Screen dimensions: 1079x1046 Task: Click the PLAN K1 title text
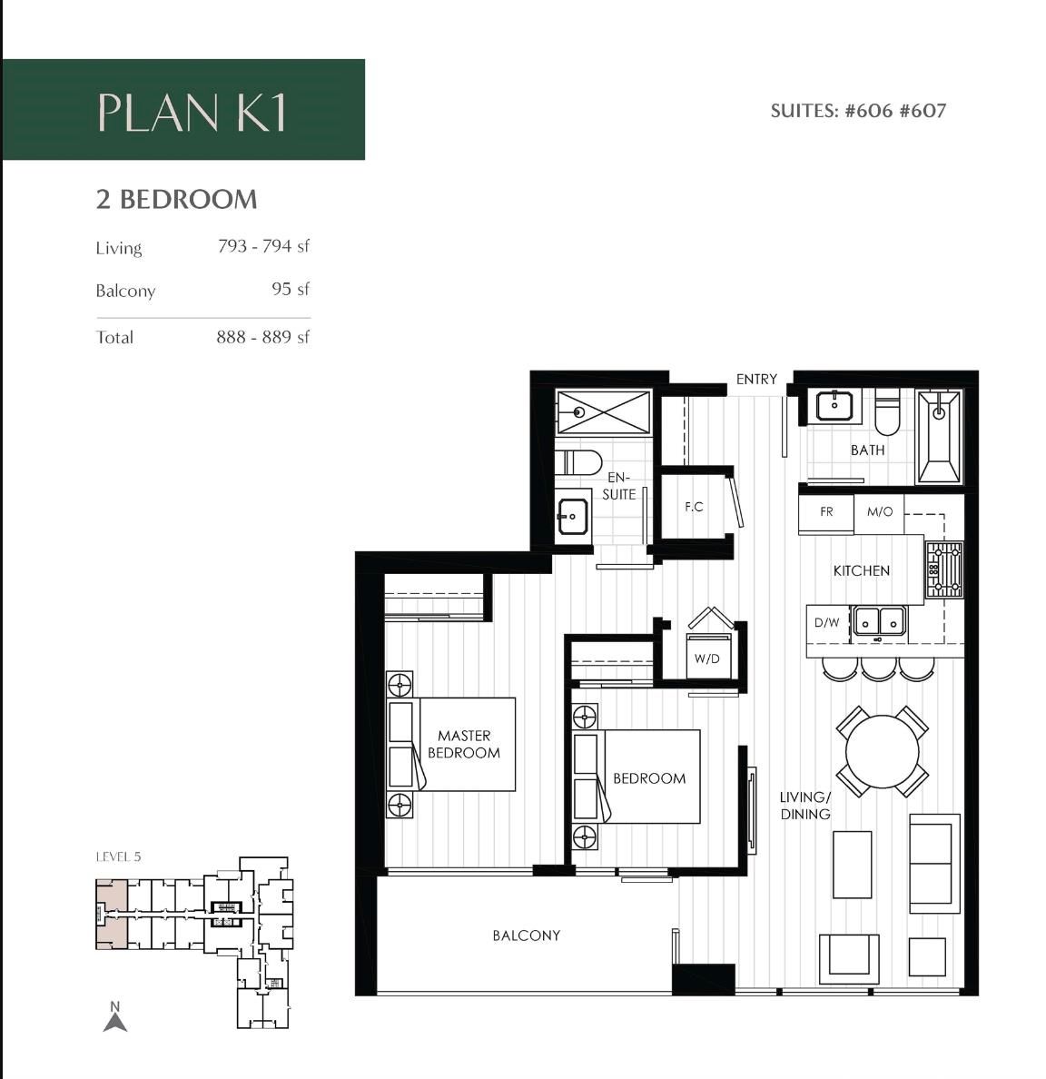pos(192,112)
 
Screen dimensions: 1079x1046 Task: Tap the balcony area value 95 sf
pos(290,289)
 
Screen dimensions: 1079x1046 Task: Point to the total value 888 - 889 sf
pos(262,337)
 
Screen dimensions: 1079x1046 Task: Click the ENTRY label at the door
pos(756,379)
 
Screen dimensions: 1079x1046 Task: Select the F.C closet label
pos(694,507)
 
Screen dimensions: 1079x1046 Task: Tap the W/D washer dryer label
pos(706,658)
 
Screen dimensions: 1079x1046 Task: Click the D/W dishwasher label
pos(826,623)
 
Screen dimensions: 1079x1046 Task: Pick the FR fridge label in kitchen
pos(826,512)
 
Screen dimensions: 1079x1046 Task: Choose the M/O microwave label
pos(879,512)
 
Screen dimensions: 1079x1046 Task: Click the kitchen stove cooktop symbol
pos(943,569)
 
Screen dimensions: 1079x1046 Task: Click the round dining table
pos(882,752)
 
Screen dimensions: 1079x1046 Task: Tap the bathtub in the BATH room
pos(938,437)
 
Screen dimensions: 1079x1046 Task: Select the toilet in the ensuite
pos(577,463)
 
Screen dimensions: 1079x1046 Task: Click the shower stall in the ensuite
pos(603,412)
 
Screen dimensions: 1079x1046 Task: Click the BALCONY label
pos(526,935)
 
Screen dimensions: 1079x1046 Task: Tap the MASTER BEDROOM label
pos(463,744)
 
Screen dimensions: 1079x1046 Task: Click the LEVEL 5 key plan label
pos(118,856)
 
